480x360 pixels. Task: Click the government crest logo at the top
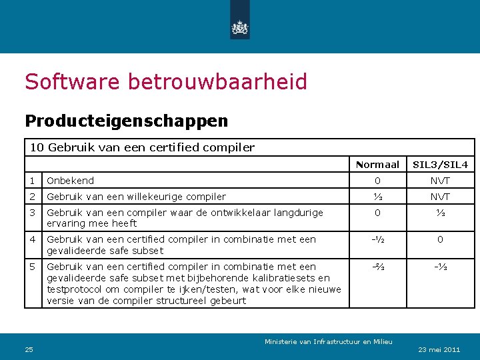tap(239, 27)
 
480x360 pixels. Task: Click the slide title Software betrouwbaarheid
tap(166, 82)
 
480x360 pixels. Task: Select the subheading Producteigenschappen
tap(126, 121)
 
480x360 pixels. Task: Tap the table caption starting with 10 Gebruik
tap(142, 147)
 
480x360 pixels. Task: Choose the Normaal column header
tap(377, 165)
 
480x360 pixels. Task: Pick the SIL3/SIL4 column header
tap(440, 165)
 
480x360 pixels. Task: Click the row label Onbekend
tap(70, 181)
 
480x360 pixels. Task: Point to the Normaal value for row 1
tap(377, 181)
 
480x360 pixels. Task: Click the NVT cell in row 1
tap(440, 181)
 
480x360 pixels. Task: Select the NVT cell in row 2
tap(440, 197)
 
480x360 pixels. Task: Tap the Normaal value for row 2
tap(377, 197)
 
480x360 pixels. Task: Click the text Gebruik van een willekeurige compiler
tap(136, 197)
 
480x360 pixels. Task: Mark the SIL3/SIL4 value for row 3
tap(440, 213)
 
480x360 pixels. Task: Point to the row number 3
tap(32, 213)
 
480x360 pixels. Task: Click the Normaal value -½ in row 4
tap(377, 239)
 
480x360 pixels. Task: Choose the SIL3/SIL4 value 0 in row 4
tap(440, 239)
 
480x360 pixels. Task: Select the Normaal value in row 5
tap(377, 267)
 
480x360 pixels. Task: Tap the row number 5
tap(32, 267)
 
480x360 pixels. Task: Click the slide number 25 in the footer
tap(29, 349)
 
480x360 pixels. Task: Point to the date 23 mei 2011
tap(439, 349)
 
